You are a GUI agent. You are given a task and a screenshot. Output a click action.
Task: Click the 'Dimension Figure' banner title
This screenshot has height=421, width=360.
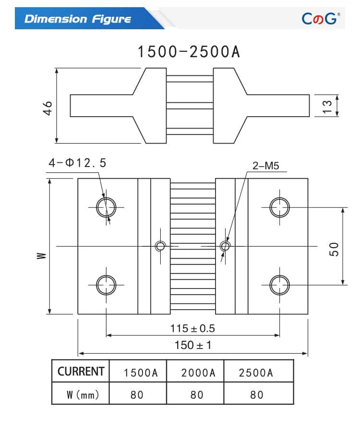click(x=77, y=19)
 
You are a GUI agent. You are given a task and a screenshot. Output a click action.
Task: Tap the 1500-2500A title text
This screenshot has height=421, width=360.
click(x=189, y=52)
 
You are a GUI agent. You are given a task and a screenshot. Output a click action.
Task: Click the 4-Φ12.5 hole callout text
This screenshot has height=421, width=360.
click(x=77, y=163)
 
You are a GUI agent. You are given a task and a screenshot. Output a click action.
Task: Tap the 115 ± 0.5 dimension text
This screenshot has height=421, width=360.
click(x=192, y=328)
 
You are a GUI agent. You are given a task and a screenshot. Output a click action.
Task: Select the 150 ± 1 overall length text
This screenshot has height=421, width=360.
click(x=192, y=345)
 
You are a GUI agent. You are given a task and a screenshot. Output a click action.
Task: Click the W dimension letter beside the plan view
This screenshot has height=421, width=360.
click(x=42, y=256)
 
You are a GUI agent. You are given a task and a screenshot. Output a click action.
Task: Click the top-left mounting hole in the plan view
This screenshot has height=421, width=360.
click(x=106, y=207)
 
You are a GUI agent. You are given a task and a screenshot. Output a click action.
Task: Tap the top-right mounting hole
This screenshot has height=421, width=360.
click(x=279, y=207)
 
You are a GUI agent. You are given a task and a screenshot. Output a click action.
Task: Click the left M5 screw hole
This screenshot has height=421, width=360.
click(x=160, y=246)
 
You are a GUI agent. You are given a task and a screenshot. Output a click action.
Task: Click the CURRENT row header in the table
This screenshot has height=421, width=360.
click(x=81, y=372)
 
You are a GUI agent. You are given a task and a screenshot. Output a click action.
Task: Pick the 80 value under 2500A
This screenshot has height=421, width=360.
click(x=257, y=395)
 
